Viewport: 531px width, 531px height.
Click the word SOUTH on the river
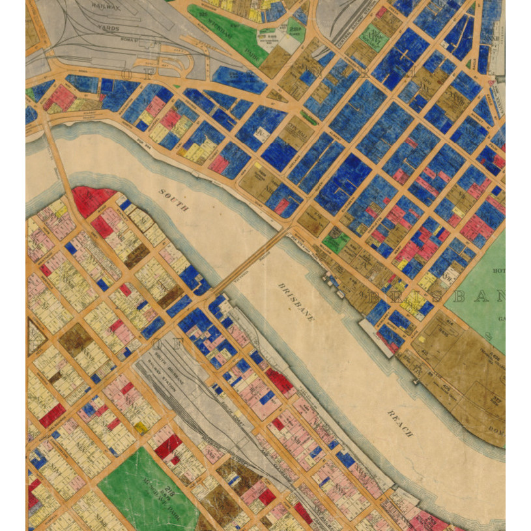pyautogui.click(x=174, y=200)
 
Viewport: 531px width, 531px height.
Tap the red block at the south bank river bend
pyautogui.click(x=92, y=201)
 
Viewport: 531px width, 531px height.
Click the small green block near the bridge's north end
pyautogui.click(x=336, y=242)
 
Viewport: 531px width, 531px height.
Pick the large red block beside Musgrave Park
pyautogui.click(x=168, y=446)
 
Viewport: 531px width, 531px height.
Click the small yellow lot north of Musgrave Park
pyautogui.click(x=141, y=427)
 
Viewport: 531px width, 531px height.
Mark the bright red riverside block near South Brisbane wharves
pyautogui.click(x=280, y=381)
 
